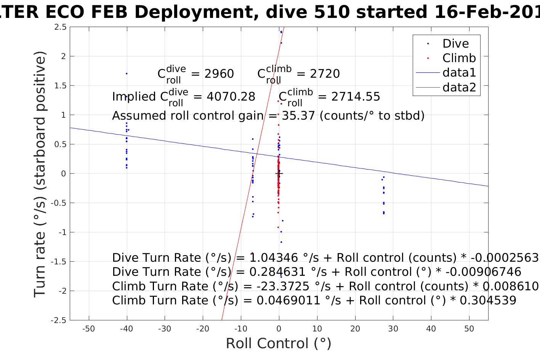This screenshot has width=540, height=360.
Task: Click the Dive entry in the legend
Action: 455,43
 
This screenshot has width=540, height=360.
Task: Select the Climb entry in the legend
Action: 459,58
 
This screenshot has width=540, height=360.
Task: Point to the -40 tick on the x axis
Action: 127,329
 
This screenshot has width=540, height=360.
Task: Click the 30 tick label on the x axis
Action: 393,329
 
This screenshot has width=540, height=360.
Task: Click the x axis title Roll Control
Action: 279,343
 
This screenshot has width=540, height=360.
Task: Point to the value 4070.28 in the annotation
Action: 231,97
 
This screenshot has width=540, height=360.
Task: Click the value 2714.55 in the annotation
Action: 356,97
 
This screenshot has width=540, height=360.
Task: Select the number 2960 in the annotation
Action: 219,74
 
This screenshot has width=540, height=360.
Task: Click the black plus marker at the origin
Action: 279,174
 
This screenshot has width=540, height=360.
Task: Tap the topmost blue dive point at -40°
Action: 127,74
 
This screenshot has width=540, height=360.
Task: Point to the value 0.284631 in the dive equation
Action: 272,272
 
